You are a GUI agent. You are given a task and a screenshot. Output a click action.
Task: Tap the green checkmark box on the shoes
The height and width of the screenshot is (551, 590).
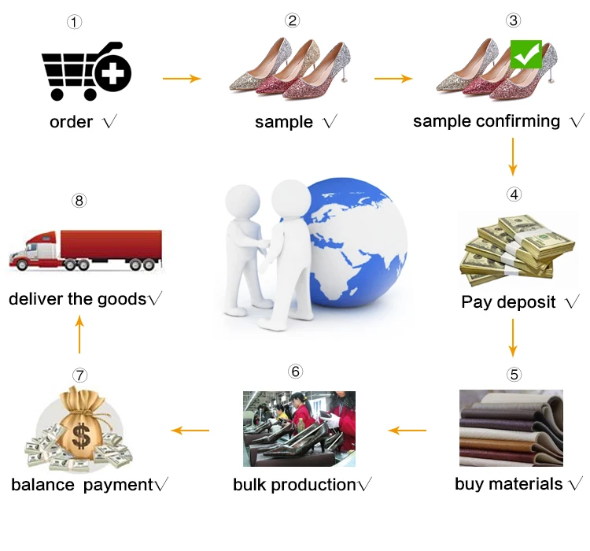point(525,54)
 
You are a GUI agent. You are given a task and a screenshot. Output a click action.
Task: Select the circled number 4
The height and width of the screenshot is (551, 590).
point(513,194)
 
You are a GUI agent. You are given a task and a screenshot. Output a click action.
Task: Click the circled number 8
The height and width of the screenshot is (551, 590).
point(79,200)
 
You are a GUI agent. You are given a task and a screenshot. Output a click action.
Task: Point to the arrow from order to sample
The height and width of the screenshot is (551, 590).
point(182,79)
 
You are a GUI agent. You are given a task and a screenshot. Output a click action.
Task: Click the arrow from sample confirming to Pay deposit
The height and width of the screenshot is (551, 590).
point(513,156)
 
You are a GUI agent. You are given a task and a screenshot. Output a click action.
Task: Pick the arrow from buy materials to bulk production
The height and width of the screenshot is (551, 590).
point(407,430)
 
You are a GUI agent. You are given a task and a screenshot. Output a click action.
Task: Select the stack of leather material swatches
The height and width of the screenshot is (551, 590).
point(511,429)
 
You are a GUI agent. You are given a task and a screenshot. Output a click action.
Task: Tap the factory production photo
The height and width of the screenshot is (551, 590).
point(299,429)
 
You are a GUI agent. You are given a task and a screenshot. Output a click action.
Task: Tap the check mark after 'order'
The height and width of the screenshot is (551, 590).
point(109,122)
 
